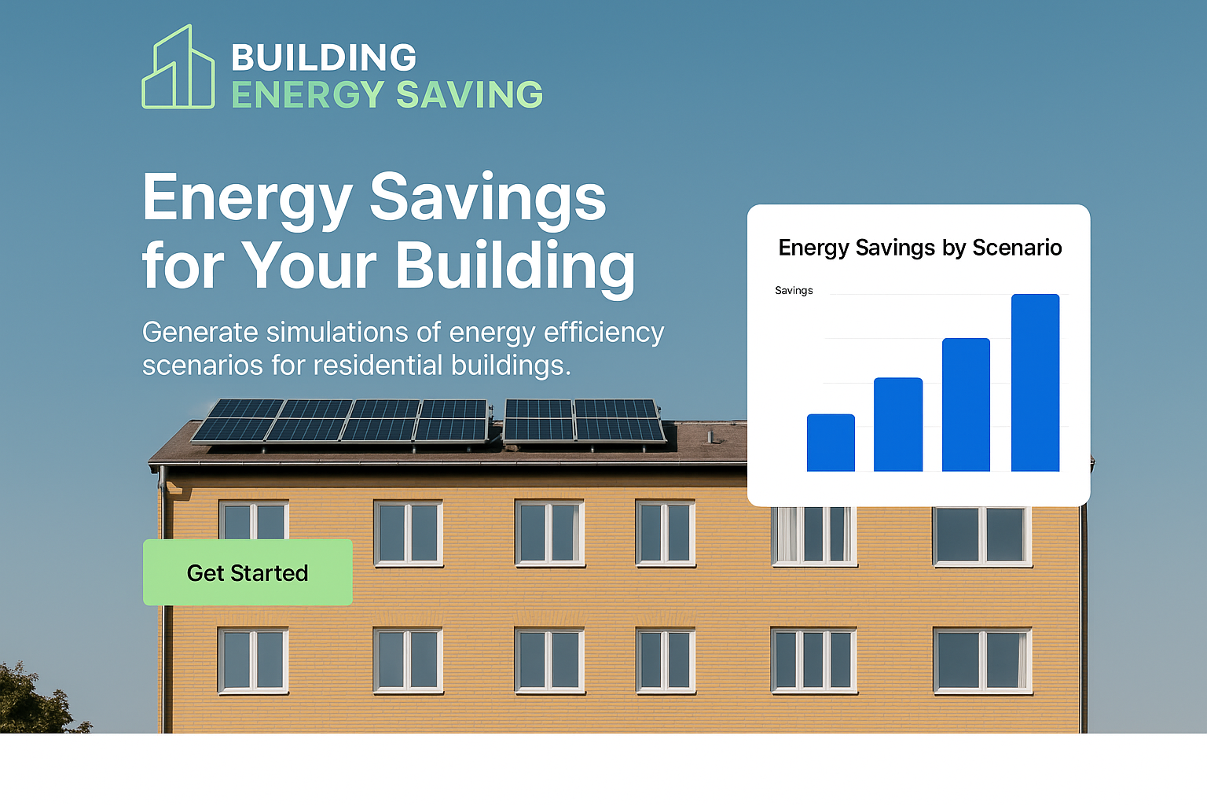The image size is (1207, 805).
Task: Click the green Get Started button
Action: pyautogui.click(x=248, y=572)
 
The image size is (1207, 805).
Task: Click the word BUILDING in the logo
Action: pyautogui.click(x=324, y=57)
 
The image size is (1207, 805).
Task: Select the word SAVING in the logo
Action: pyautogui.click(x=469, y=94)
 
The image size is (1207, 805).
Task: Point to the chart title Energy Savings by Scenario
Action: pyautogui.click(x=920, y=248)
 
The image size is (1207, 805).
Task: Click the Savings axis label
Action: pyautogui.click(x=794, y=291)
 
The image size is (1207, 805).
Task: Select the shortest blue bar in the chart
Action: pyautogui.click(x=831, y=443)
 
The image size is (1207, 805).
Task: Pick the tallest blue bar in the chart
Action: pyautogui.click(x=1035, y=383)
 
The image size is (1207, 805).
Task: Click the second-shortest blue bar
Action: pyautogui.click(x=898, y=425)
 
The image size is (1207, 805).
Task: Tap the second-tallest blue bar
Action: pyautogui.click(x=966, y=405)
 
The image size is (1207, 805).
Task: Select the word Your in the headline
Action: pyautogui.click(x=309, y=265)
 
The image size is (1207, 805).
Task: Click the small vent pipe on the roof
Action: pyautogui.click(x=710, y=437)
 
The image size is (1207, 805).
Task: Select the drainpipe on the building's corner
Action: pyautogui.click(x=162, y=598)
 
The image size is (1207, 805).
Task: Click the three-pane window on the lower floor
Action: pyautogui.click(x=813, y=660)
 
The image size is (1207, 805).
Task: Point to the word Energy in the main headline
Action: pyautogui.click(x=248, y=199)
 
